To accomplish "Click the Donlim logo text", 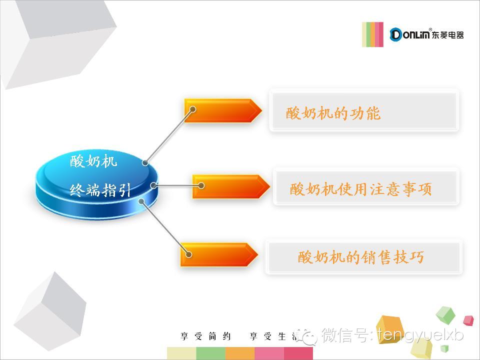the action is pyautogui.click(x=427, y=34).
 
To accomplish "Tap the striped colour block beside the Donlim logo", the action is pyautogui.click(x=372, y=34).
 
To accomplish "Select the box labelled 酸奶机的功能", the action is pyautogui.click(x=364, y=110).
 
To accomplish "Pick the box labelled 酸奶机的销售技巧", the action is pyautogui.click(x=363, y=257).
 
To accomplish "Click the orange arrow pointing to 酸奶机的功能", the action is pyautogui.click(x=223, y=110).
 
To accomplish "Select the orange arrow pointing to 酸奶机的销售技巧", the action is pyautogui.click(x=219, y=255).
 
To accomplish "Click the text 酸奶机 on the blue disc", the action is pyautogui.click(x=93, y=161).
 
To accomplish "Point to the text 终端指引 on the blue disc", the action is pyautogui.click(x=100, y=190).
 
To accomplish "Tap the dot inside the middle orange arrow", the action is pyautogui.click(x=201, y=185).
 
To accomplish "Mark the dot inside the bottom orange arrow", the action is pyautogui.click(x=189, y=254).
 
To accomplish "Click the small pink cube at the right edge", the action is pyautogui.click(x=468, y=320).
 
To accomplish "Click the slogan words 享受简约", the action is pyautogui.click(x=206, y=336).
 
